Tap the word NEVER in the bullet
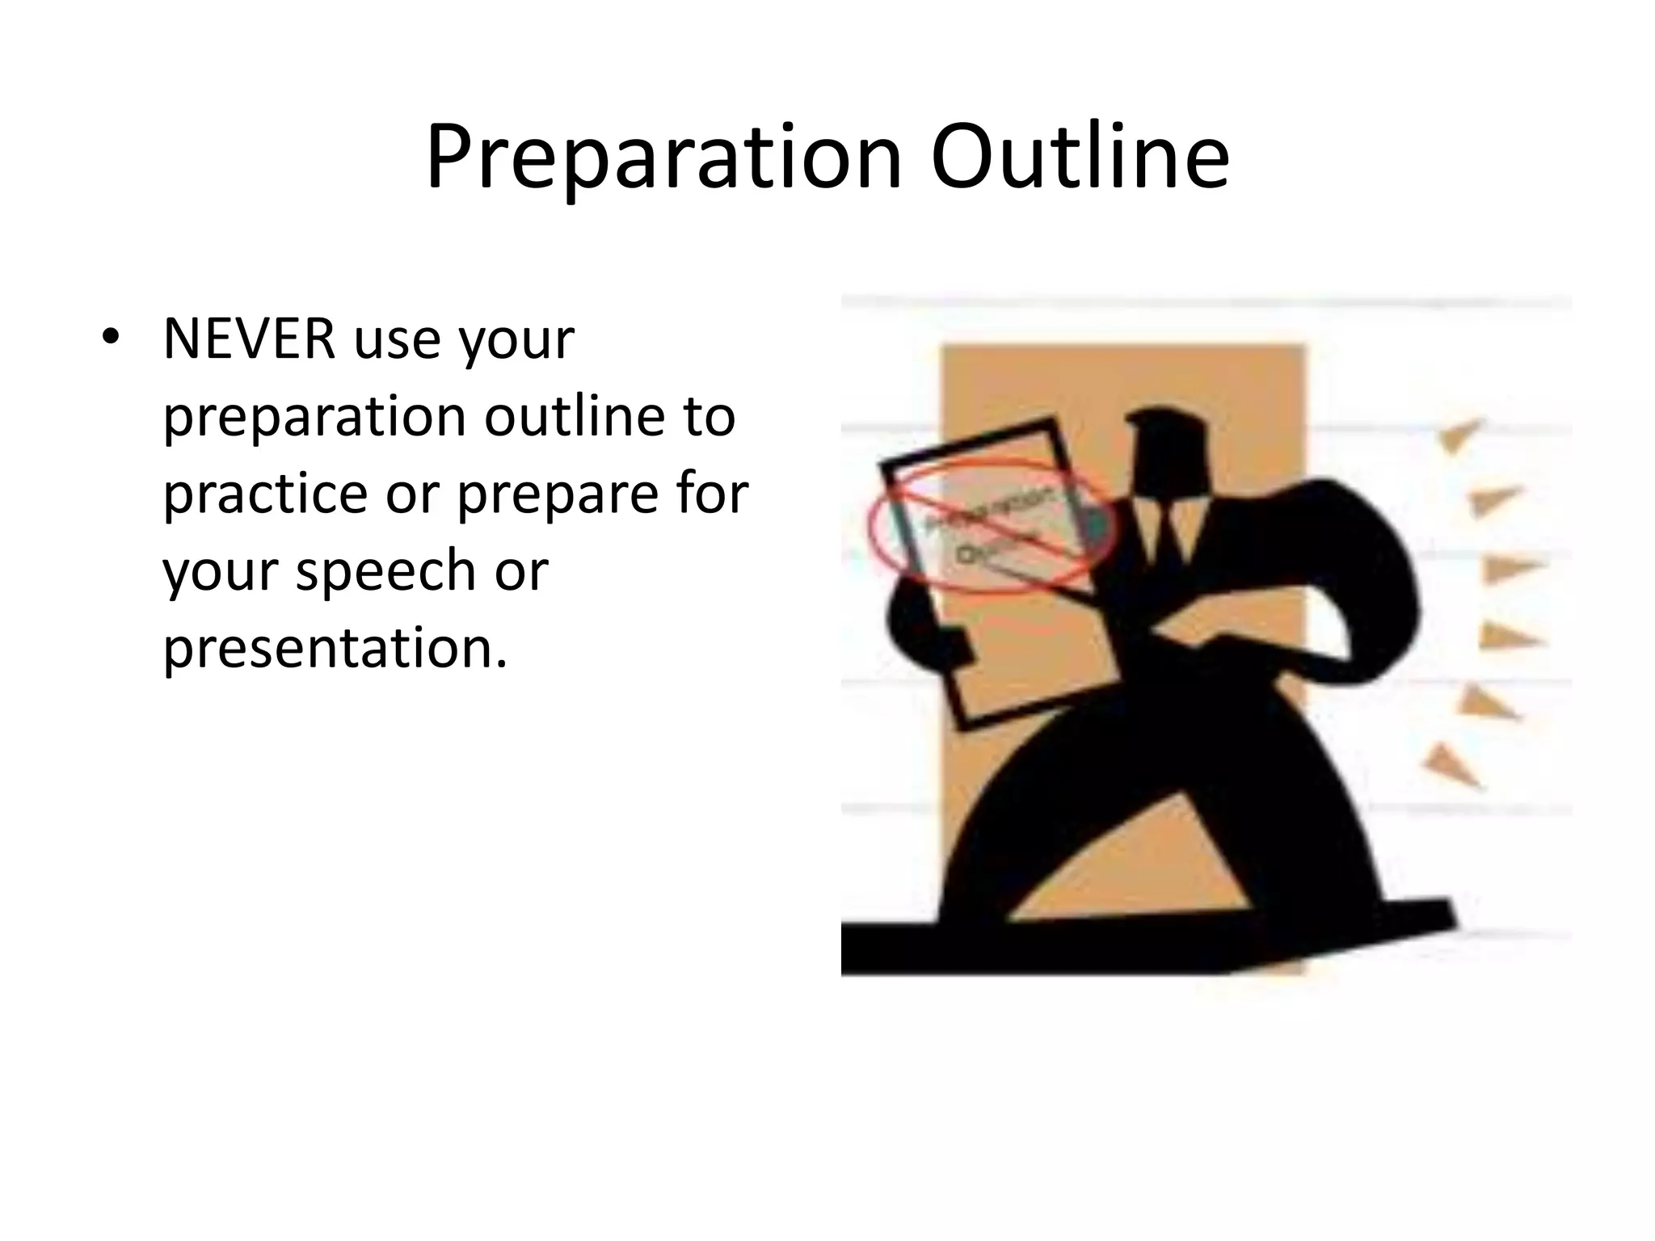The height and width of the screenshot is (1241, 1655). click(249, 339)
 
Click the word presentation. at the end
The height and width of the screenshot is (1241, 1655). click(335, 648)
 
